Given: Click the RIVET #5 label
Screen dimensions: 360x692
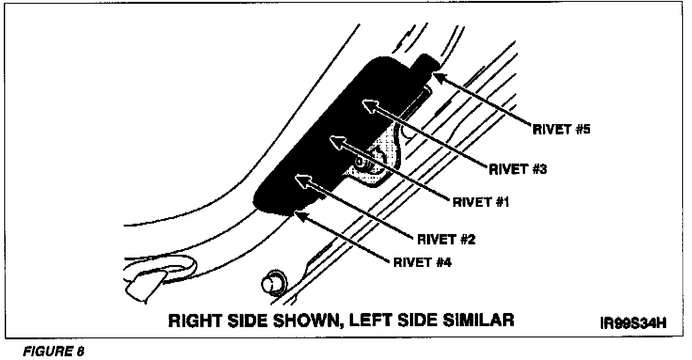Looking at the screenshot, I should click(561, 129).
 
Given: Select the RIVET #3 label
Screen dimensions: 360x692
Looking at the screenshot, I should click(518, 169).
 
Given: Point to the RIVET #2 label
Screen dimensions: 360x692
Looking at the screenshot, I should click(446, 239).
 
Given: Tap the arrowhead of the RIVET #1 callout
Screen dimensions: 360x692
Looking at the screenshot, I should click(336, 140).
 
